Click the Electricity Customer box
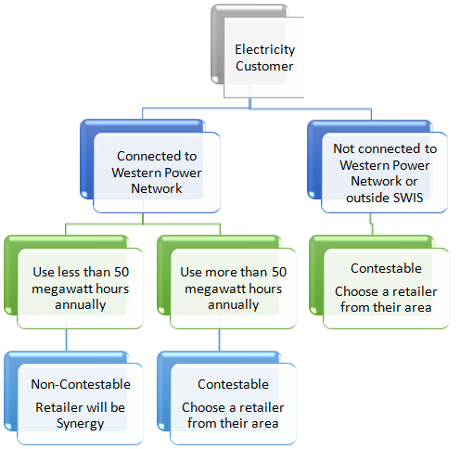tap(257, 51)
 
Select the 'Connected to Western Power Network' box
tap(150, 166)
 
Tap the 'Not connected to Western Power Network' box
tap(377, 166)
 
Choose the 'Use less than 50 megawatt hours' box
tap(73, 282)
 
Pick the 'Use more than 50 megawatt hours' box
tap(226, 282)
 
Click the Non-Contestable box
tap(73, 398)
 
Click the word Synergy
tap(80, 424)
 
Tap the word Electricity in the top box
tap(265, 50)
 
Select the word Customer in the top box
tap(264, 66)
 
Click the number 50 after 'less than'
tap(121, 272)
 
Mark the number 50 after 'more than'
tap(279, 272)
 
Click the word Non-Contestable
tap(81, 384)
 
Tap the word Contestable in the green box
tap(386, 268)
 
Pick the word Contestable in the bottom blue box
tap(233, 384)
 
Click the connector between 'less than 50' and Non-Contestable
tap(67, 340)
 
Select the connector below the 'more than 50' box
tap(220, 340)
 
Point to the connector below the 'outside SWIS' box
tap(372, 224)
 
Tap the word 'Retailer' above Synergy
tap(58, 407)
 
